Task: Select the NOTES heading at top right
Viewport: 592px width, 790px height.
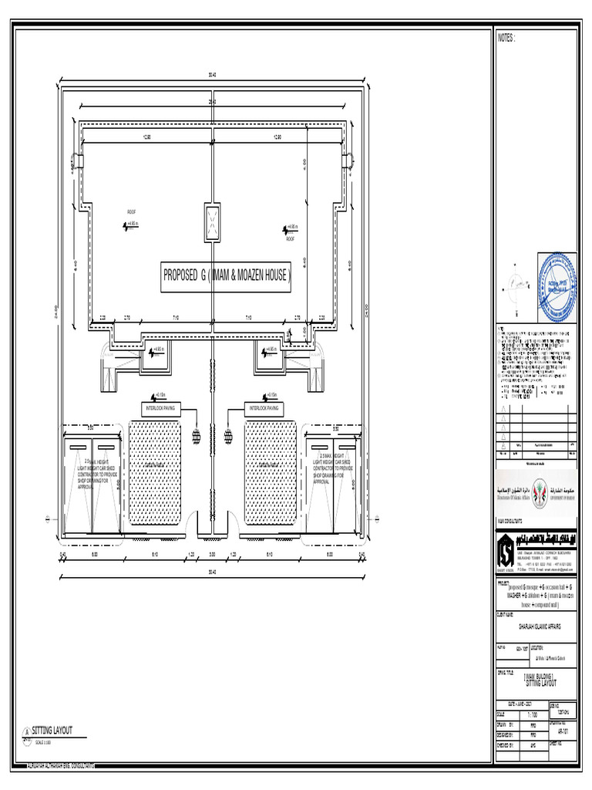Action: point(506,38)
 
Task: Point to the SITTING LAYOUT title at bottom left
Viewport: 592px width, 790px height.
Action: point(52,729)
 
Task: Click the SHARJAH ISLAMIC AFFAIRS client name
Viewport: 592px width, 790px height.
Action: point(533,627)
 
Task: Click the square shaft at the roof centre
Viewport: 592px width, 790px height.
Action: point(213,224)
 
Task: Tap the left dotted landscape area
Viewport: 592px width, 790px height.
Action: point(154,472)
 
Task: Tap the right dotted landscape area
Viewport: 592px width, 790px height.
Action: point(271,472)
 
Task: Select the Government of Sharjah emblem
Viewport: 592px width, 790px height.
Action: point(555,491)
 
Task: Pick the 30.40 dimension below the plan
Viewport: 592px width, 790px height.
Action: point(213,572)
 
